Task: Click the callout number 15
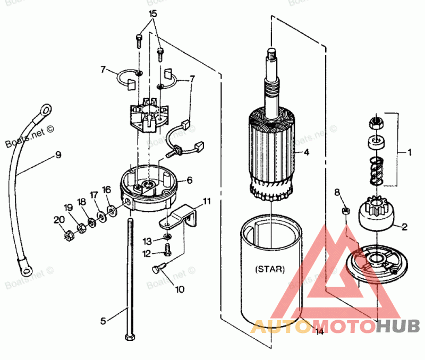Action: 153,13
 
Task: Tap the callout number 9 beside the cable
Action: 58,155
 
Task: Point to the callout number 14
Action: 319,332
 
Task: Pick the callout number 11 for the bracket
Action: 207,201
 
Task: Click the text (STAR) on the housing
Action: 269,269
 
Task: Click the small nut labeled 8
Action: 344,211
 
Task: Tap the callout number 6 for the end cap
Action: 190,181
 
